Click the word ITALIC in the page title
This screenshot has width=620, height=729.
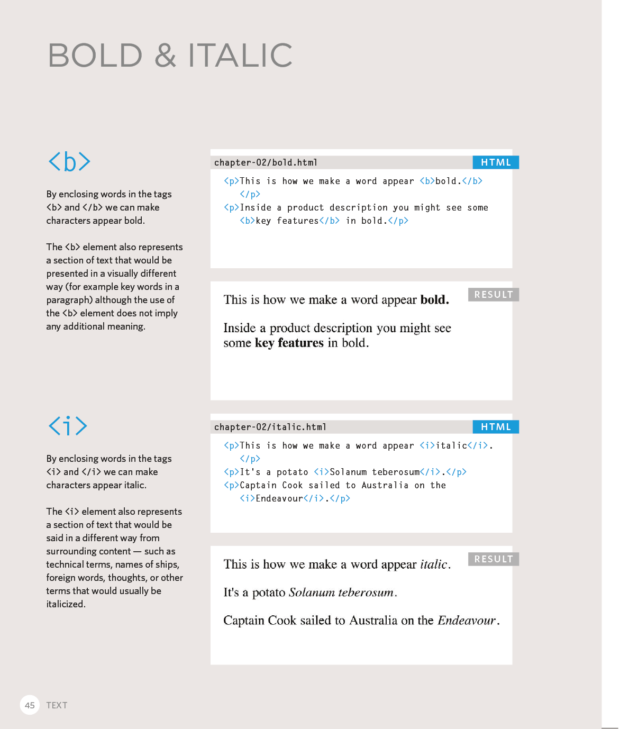240,56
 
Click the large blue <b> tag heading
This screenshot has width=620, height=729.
69,161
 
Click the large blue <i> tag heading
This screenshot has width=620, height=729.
68,426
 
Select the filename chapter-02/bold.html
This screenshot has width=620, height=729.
266,162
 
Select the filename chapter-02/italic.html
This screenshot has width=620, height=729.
270,427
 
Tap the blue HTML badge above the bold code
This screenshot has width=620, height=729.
496,162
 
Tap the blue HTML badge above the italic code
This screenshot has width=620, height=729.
496,427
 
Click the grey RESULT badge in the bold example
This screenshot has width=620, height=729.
493,295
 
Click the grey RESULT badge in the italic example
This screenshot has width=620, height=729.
493,559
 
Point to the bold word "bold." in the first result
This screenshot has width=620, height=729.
434,300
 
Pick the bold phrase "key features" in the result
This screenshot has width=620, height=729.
289,343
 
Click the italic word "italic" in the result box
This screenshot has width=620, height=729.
434,564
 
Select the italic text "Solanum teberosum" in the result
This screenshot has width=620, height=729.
341,593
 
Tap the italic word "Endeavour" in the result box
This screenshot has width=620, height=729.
467,621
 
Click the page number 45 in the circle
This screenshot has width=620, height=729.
30,705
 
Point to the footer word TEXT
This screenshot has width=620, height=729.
57,705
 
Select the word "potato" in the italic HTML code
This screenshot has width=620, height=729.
292,472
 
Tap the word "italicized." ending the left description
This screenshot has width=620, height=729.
66,604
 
